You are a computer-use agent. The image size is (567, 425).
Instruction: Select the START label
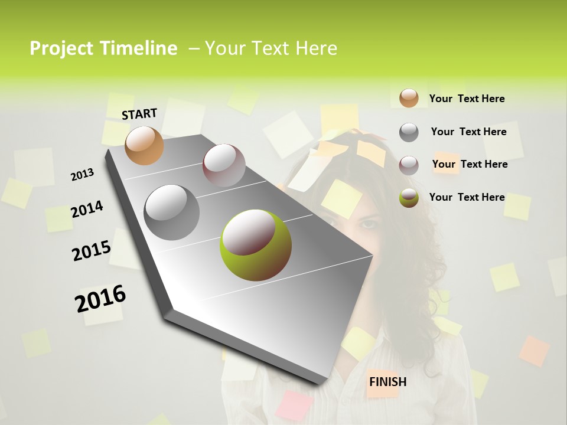point(139,113)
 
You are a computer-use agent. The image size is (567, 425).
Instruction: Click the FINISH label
point(387,381)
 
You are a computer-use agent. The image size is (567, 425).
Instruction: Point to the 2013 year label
point(82,174)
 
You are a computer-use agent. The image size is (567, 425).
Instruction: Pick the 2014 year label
point(87,209)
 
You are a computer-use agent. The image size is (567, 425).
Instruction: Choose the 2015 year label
point(91,251)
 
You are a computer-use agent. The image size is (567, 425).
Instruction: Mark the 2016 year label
point(100,298)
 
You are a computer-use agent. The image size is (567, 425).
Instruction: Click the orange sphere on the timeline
point(144,145)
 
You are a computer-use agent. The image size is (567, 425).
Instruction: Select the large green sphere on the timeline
point(255,245)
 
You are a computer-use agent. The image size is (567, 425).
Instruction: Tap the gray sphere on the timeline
point(171,212)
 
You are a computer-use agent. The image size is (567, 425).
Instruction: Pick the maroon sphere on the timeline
point(224,165)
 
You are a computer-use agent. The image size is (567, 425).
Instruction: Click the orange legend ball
point(409,98)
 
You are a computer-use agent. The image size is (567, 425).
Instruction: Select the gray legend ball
point(409,132)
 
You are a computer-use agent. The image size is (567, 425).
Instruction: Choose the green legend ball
point(409,198)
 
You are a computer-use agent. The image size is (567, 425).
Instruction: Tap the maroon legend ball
point(409,165)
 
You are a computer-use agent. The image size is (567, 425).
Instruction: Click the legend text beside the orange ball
point(467,99)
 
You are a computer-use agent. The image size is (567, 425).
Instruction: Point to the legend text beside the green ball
point(467,197)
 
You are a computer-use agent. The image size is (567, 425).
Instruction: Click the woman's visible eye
point(368,224)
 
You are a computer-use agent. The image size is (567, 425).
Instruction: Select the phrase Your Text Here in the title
point(271,48)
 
